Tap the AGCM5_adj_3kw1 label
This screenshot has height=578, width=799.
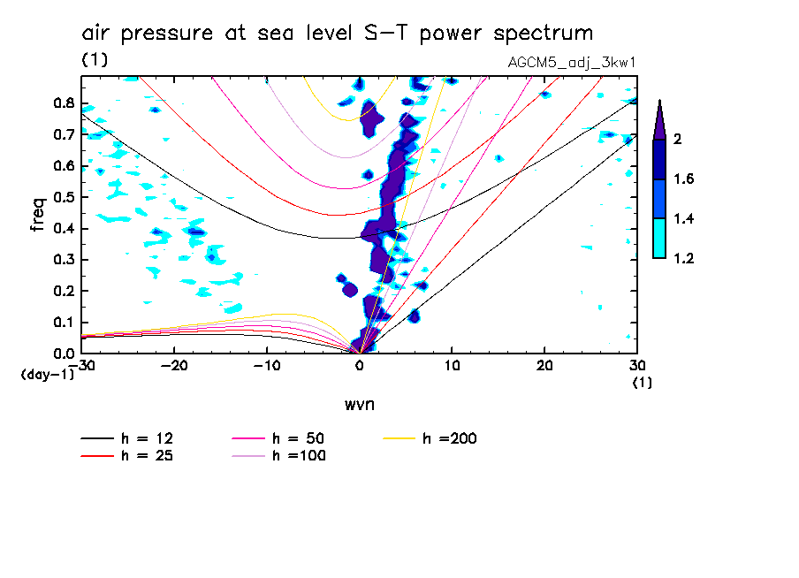point(573,62)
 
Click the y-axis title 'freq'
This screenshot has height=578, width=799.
point(38,214)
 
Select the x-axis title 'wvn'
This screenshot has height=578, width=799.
point(358,405)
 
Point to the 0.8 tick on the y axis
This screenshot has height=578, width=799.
point(64,103)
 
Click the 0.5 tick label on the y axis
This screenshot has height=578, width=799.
point(64,197)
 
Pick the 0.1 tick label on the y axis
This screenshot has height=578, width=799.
point(64,323)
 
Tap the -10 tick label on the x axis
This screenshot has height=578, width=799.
point(268,365)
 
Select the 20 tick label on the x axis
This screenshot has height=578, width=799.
point(544,365)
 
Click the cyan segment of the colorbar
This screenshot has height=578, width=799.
point(659,239)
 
